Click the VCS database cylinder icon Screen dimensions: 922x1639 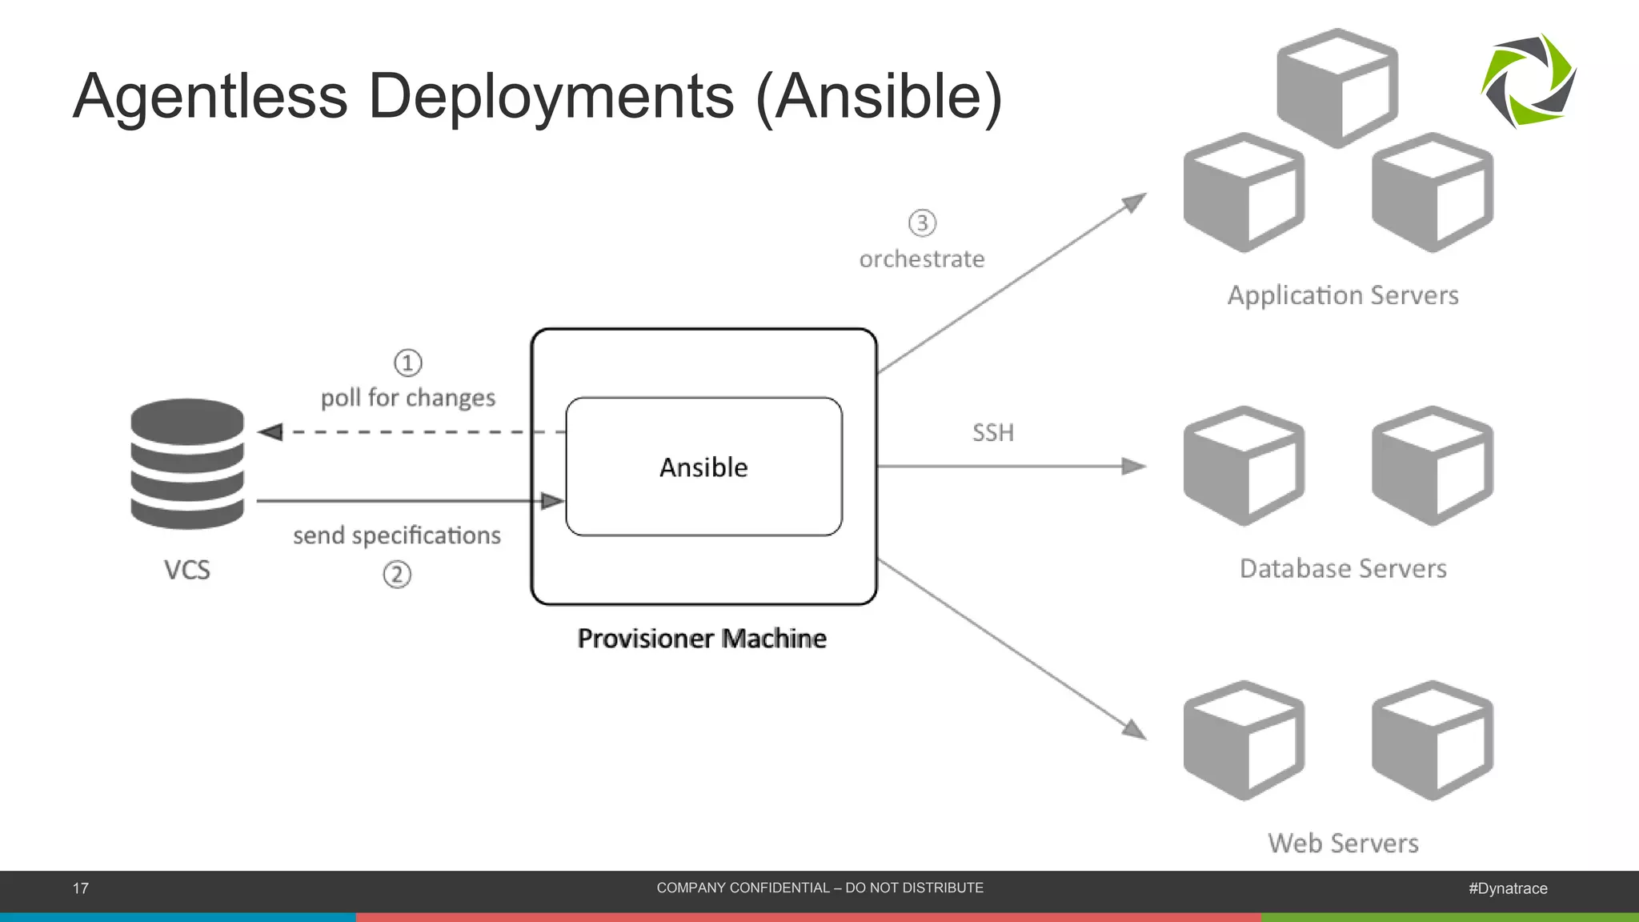tap(187, 464)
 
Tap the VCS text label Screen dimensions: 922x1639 tap(187, 570)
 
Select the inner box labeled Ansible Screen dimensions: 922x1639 tap(703, 467)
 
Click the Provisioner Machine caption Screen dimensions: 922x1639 tap(702, 639)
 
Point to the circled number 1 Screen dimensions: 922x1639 tap(407, 363)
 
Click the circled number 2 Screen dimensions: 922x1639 tap(397, 575)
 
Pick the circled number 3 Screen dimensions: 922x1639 tap(922, 222)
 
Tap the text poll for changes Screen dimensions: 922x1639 tap(408, 398)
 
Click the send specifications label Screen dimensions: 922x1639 tap(397, 535)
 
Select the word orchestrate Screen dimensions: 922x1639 tap(922, 259)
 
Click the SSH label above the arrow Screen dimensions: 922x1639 tap(992, 433)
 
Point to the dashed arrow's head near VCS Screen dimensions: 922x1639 tap(270, 432)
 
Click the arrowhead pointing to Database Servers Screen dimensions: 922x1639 tap(1134, 466)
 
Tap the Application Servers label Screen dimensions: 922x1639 tap(1343, 295)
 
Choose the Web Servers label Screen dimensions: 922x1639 tap(1343, 843)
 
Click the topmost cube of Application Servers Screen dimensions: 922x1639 tap(1336, 88)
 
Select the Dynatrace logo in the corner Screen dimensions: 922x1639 tap(1529, 81)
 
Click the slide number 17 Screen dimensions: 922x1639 tap(81, 888)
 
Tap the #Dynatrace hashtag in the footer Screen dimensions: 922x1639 tap(1508, 888)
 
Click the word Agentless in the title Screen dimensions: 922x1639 tap(210, 97)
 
